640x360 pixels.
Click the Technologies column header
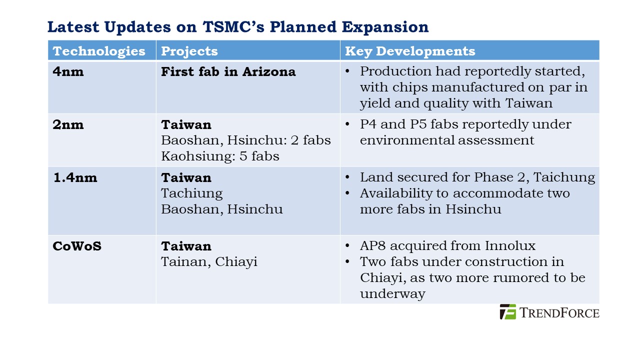coord(99,51)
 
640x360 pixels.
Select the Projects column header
coord(189,51)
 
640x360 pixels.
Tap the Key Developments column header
coord(410,51)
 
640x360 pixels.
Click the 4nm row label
coord(68,71)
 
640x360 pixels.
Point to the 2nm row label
coord(68,124)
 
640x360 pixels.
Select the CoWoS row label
coord(77,246)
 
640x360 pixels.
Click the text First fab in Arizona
coord(228,71)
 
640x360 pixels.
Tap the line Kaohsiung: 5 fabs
coord(220,156)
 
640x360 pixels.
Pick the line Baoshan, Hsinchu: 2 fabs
coord(246,140)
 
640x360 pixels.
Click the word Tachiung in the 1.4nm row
coord(192,193)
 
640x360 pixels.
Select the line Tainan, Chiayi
coord(209,261)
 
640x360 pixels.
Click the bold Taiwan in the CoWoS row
coord(186,246)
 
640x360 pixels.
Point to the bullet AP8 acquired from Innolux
coord(447,246)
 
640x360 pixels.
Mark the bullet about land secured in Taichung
coord(477,177)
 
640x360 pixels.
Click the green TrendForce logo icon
coord(508,311)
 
